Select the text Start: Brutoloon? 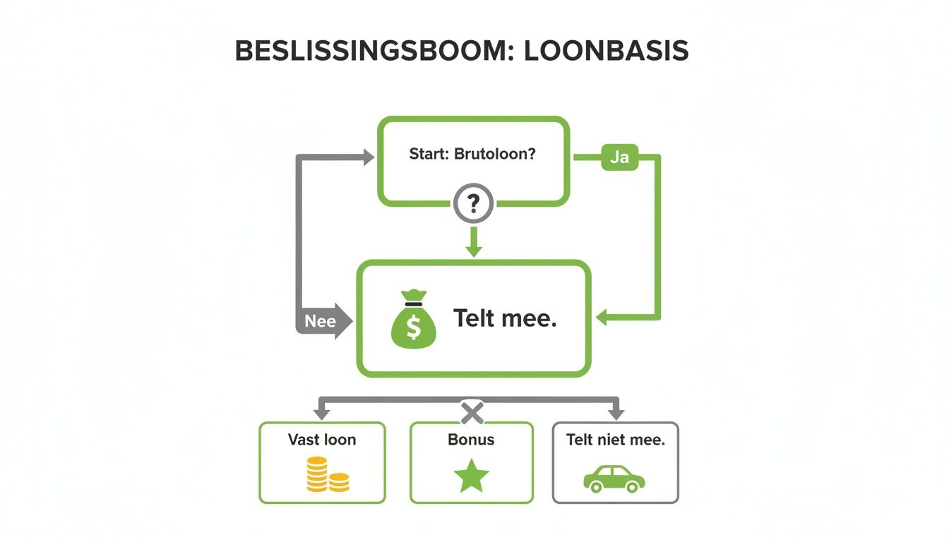(472, 154)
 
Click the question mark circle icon (474, 205)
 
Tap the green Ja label (619, 157)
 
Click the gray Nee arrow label (321, 321)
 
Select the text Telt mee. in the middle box (505, 318)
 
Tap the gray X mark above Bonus (472, 411)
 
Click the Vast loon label (322, 440)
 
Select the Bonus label (471, 440)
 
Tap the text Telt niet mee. (615, 440)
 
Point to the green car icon (614, 478)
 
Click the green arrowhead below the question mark (474, 249)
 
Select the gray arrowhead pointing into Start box (369, 157)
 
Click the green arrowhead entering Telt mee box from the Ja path (602, 318)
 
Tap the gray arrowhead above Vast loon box (323, 414)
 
